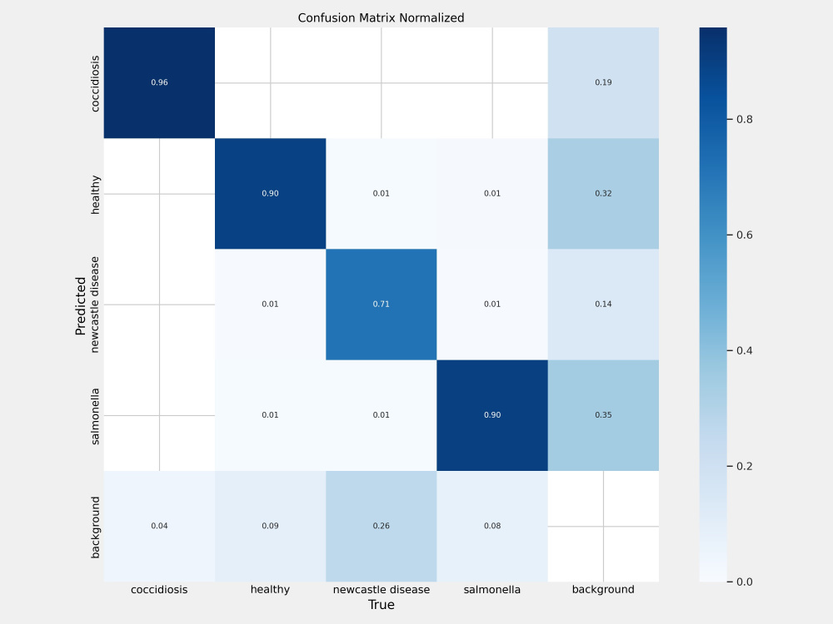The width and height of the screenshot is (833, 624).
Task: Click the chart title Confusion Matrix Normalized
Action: point(381,18)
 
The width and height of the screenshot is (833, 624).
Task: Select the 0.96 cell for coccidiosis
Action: point(159,82)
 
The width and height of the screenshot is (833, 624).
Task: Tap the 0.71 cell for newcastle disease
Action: point(382,305)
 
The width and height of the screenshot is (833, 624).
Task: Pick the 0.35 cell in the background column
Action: point(603,415)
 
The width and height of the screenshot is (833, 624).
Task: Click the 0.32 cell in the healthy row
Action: point(603,194)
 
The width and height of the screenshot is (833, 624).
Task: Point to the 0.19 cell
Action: point(603,82)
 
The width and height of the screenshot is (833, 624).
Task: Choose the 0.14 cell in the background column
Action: point(603,305)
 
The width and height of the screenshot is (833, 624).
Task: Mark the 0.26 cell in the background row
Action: point(382,527)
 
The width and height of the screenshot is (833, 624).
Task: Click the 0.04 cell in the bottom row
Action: point(159,527)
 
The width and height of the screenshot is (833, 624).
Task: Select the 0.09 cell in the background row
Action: point(271,527)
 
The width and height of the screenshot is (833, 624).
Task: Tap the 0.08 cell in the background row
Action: point(492,527)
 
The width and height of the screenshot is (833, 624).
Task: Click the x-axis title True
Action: point(382,605)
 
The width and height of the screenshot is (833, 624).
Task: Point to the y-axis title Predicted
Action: point(81,305)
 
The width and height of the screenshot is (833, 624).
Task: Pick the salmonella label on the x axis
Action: point(492,590)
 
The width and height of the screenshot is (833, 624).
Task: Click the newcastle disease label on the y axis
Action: point(95,305)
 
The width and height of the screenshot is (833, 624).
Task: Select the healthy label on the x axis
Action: point(270,590)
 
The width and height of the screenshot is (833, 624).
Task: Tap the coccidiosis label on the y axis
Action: point(95,83)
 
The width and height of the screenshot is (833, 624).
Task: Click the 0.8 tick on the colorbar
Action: point(741,119)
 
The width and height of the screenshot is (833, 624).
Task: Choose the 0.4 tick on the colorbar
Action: point(741,351)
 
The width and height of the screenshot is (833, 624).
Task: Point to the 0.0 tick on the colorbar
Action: point(741,582)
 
